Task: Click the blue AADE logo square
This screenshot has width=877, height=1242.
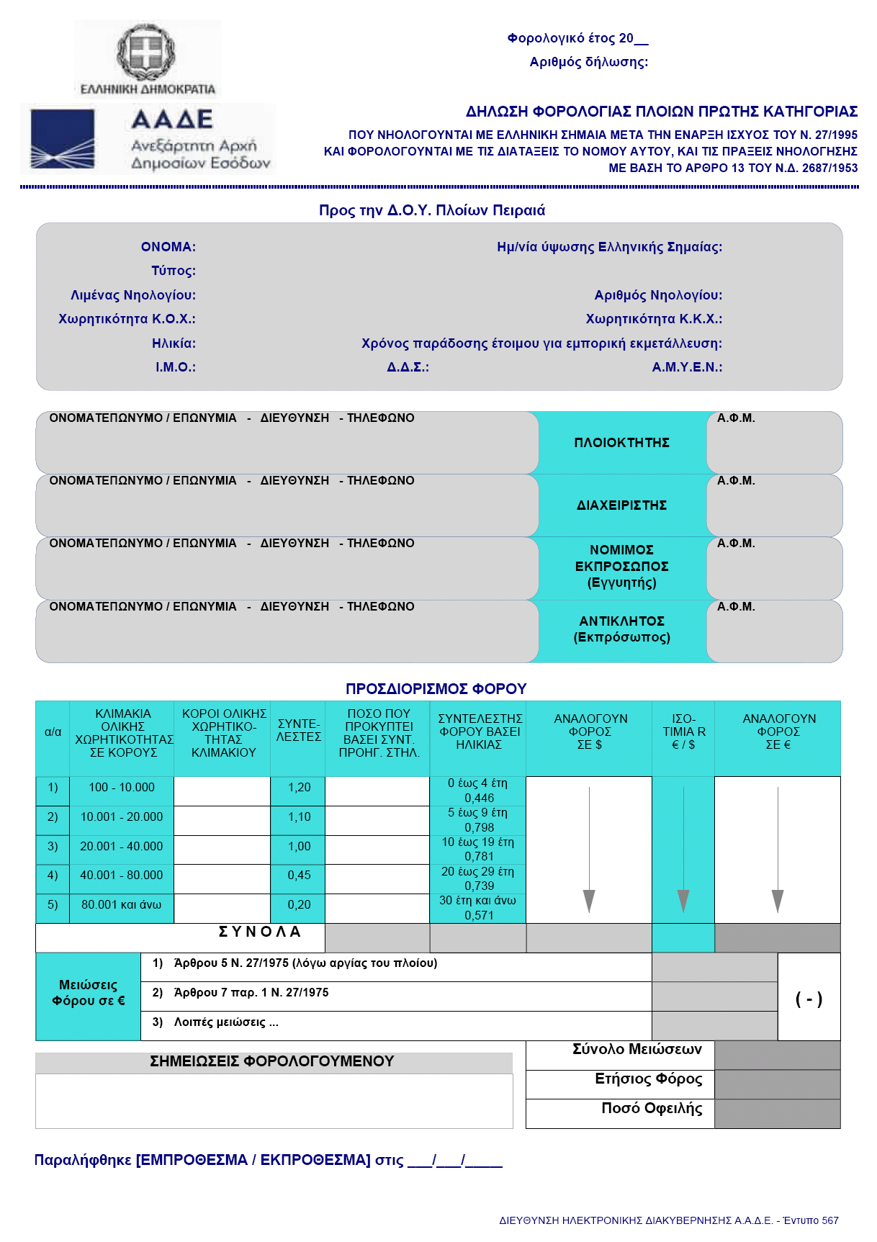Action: (62, 139)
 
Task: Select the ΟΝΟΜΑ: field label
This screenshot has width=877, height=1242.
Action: (168, 247)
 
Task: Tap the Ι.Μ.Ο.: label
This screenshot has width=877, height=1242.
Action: (175, 367)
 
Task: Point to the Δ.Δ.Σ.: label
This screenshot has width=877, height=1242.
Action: (408, 367)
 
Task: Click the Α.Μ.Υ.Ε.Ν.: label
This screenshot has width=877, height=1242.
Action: (687, 367)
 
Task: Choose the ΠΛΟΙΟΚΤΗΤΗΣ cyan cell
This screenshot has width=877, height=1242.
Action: (622, 443)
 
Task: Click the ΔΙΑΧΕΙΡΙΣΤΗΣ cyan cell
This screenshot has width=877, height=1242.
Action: (622, 505)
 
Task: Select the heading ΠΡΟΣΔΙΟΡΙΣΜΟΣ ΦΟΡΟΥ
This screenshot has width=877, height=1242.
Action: (436, 689)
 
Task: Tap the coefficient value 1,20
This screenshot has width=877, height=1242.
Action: (299, 788)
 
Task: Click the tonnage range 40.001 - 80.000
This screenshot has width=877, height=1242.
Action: (122, 876)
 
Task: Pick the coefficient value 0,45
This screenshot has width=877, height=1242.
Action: (299, 876)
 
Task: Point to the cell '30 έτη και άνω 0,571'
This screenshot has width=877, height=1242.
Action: (478, 908)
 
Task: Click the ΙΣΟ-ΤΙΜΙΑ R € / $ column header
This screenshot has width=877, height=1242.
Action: (683, 732)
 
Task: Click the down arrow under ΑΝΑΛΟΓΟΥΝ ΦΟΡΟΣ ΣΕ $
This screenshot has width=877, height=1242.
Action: (589, 850)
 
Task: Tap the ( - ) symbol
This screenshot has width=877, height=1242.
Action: (809, 999)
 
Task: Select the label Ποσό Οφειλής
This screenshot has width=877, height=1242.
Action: (652, 1109)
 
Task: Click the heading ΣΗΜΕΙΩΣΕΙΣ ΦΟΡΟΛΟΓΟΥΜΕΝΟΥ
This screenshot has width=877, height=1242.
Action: (272, 1061)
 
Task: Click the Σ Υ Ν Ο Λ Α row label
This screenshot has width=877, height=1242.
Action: (259, 932)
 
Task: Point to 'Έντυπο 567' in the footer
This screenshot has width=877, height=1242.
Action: (811, 1220)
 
